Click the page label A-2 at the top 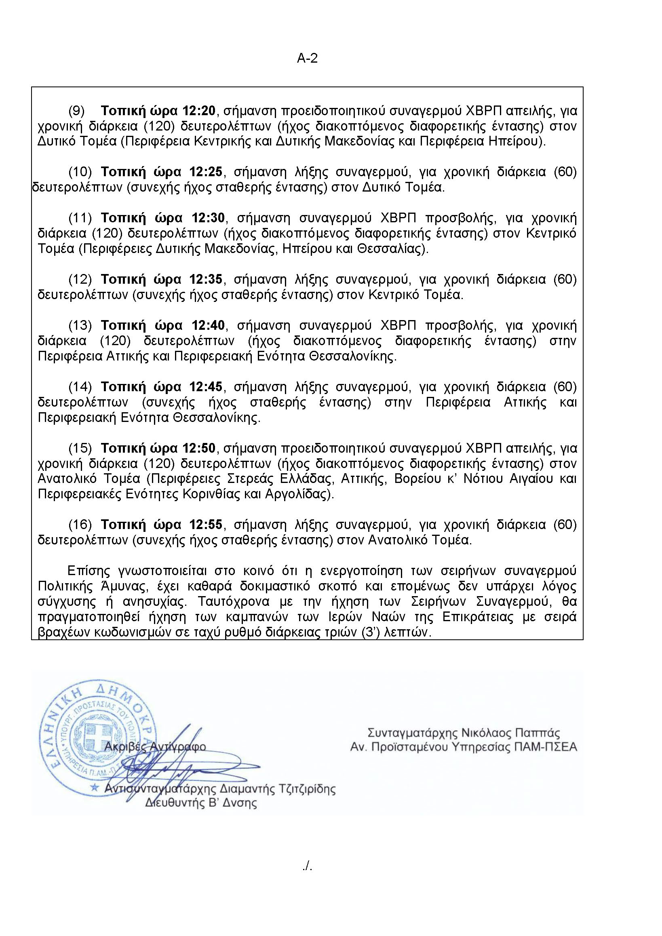(307, 59)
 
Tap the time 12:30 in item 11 (207, 219)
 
